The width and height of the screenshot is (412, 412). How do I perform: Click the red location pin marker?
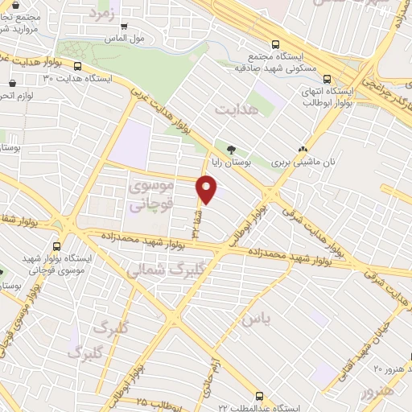point(207,190)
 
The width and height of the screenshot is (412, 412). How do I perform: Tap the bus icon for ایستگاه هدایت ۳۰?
point(78,67)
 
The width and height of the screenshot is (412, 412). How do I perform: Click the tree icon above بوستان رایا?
point(232,149)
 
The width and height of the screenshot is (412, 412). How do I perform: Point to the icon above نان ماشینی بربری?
point(303,149)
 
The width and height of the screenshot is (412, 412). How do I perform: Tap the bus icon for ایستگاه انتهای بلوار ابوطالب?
point(328,79)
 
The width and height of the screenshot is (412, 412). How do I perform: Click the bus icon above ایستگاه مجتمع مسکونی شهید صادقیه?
point(276,45)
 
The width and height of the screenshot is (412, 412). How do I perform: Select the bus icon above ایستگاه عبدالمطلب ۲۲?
point(259,396)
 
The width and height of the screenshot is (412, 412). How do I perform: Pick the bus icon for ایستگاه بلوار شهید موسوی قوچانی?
point(56,247)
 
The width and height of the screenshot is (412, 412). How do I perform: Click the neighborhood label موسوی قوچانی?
point(150,197)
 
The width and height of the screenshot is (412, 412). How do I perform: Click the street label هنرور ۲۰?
point(389,367)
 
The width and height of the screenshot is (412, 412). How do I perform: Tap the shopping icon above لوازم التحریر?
point(12,83)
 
